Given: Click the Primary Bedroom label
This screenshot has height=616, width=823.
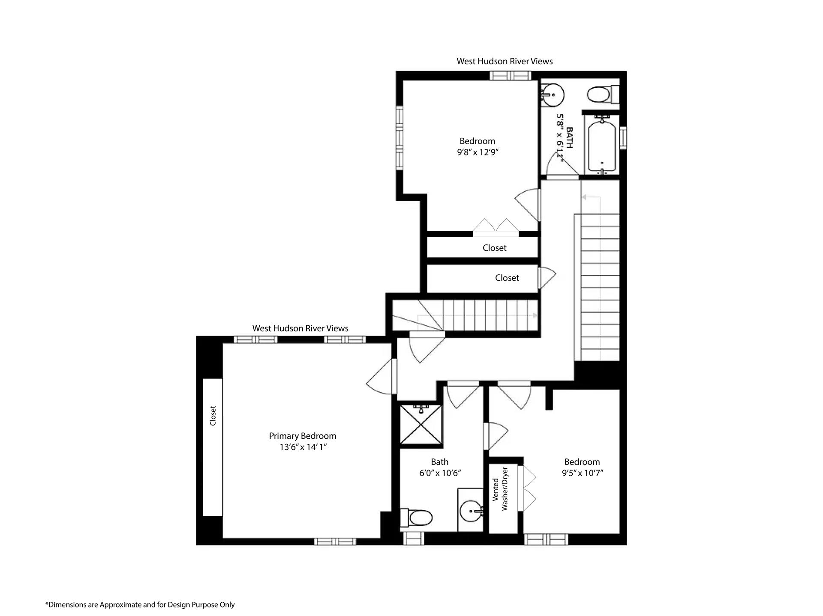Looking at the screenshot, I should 302,436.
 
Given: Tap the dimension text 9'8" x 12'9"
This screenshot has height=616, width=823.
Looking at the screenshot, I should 477,152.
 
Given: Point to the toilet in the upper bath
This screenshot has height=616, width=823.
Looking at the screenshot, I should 601,94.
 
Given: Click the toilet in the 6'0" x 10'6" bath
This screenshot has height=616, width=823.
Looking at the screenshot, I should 417,518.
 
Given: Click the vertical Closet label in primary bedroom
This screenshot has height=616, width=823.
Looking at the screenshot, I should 213,416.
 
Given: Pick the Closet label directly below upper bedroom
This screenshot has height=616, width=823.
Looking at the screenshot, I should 494,248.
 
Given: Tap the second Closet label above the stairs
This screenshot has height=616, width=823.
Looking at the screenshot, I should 507,278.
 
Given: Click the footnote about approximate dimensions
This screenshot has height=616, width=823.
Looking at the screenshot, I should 140,604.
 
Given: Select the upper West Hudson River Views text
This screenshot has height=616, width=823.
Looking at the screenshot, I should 505,61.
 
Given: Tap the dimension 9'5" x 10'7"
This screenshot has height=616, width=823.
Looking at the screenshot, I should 582,473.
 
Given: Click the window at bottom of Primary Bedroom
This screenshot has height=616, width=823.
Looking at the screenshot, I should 335,542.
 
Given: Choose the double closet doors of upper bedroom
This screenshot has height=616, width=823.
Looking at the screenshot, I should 496,227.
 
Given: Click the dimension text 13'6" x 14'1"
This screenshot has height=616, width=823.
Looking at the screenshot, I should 303,447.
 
